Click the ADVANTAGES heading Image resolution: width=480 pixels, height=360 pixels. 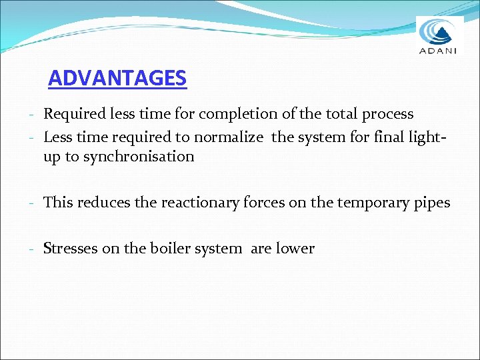click(x=117, y=79)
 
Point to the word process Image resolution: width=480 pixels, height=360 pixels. click(x=387, y=115)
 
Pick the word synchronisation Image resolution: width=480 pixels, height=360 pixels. click(x=139, y=157)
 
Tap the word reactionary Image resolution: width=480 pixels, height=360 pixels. click(x=200, y=203)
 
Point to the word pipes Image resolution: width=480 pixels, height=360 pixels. click(x=431, y=203)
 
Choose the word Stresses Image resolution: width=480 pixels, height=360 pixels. click(x=71, y=249)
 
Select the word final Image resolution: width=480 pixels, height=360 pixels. click(x=391, y=138)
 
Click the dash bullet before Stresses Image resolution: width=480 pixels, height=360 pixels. click(x=32, y=249)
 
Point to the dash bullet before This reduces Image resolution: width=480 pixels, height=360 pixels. click(x=32, y=203)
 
